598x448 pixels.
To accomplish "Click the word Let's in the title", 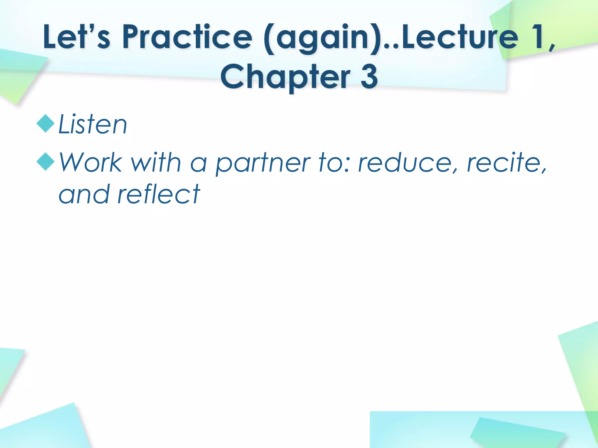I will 77,37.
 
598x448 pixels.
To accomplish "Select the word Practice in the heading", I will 187,37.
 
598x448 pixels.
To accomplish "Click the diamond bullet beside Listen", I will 46,124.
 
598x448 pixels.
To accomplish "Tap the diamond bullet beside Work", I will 46,161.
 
